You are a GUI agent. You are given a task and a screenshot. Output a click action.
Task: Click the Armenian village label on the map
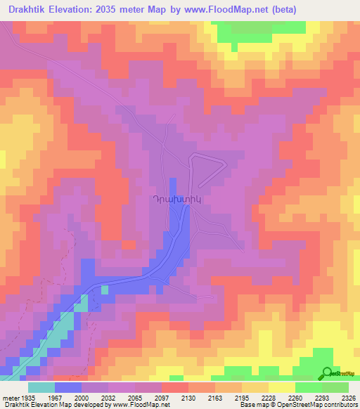[x=180, y=199]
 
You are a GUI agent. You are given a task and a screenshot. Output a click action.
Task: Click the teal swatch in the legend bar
[x=41, y=387]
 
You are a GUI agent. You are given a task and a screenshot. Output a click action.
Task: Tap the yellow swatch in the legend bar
[x=281, y=387]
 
